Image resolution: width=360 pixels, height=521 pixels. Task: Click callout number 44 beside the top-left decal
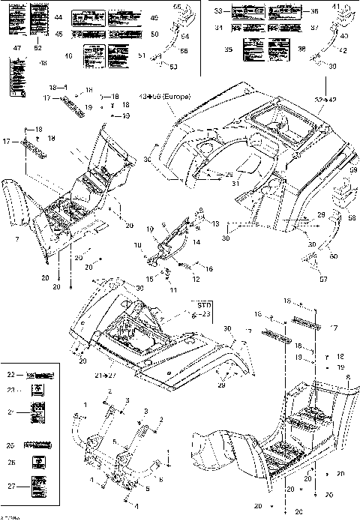60,16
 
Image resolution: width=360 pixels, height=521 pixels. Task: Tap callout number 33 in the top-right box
218,11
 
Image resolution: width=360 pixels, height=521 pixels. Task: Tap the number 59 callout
353,172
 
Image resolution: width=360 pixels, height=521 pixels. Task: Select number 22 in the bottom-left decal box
10,374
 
